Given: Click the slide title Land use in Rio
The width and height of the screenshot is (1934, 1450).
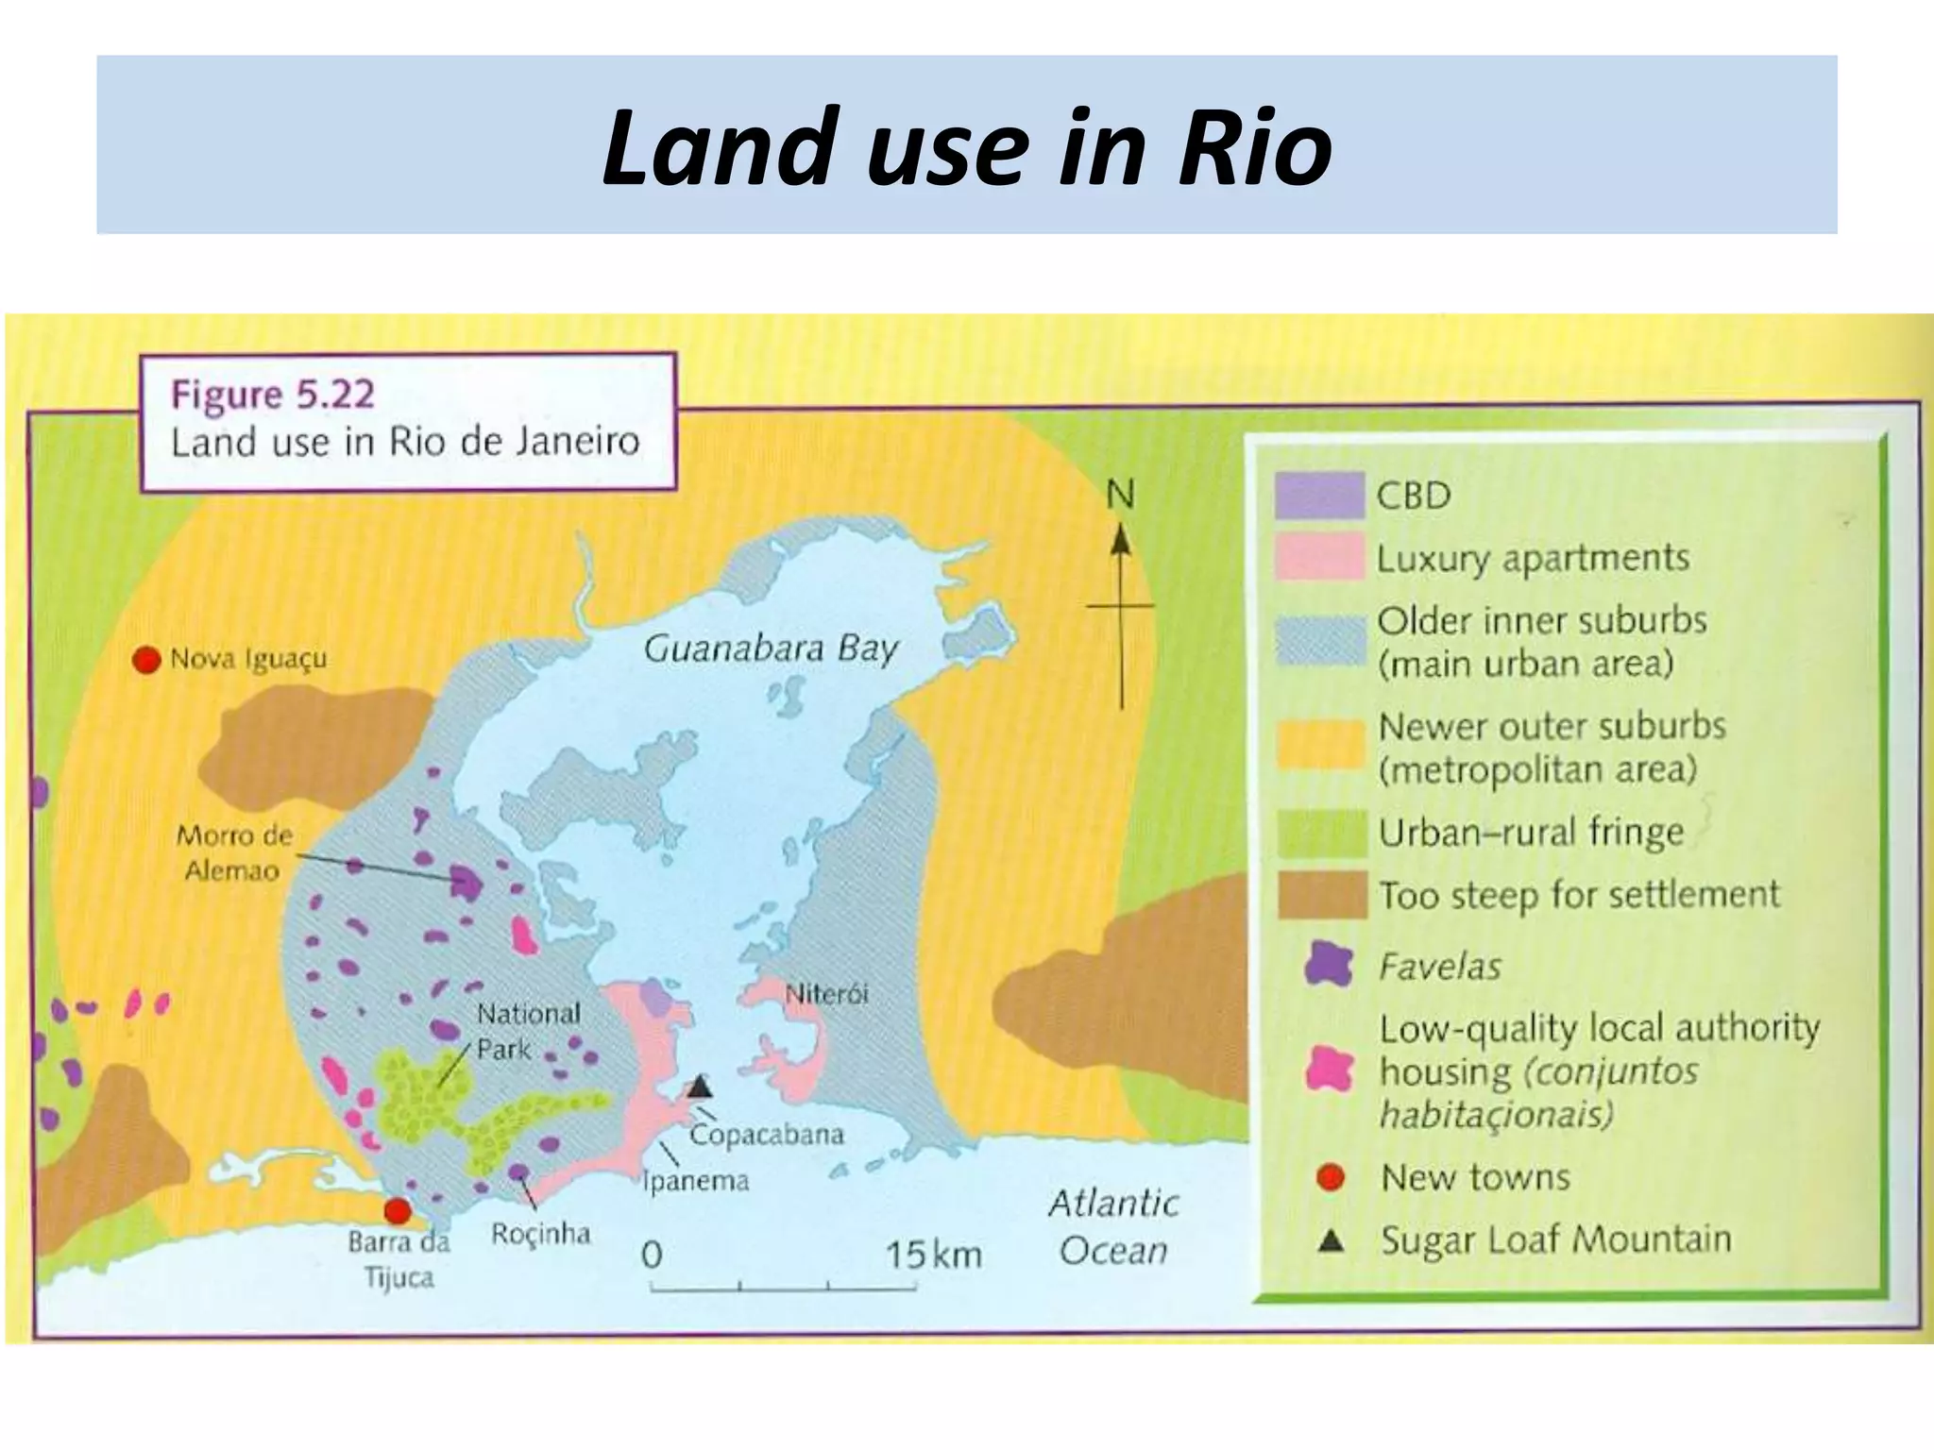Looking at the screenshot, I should [x=967, y=146].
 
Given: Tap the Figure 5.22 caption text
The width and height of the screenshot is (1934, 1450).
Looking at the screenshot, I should [x=273, y=394].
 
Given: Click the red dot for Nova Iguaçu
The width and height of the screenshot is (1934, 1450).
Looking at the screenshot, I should [x=146, y=660].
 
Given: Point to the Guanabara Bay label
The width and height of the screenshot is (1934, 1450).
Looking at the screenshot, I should [x=770, y=649].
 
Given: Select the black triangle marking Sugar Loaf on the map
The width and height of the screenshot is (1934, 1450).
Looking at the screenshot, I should [x=699, y=1087].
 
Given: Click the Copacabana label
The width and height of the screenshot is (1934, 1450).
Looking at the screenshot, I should [x=766, y=1134].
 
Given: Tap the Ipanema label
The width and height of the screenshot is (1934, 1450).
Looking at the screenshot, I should [x=695, y=1181].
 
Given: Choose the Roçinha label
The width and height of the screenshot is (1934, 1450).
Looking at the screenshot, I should [x=540, y=1234].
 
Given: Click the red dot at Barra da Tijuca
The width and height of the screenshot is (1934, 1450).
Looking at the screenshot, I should [x=398, y=1211].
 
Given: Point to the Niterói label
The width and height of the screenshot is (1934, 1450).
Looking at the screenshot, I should [x=826, y=994].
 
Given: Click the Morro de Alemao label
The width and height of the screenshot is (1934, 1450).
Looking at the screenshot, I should [x=233, y=852].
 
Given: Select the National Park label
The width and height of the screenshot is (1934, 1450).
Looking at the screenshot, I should [x=527, y=1031].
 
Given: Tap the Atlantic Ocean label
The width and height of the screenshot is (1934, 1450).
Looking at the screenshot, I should [x=1113, y=1226].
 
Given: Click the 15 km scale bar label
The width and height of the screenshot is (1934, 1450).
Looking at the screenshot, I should [x=933, y=1255].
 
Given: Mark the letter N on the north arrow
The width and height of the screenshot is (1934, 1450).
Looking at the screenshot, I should [x=1120, y=495].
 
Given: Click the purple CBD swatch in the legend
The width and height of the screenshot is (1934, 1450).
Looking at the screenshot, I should [x=1319, y=495].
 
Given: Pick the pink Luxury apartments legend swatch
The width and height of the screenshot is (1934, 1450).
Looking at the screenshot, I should [x=1319, y=556].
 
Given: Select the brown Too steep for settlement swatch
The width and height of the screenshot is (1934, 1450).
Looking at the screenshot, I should [x=1322, y=894].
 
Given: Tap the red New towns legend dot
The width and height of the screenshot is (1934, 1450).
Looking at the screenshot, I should [x=1330, y=1177].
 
